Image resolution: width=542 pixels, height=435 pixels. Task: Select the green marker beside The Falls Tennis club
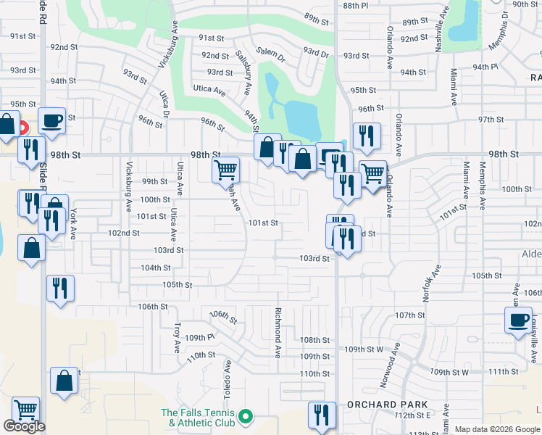coord(246,417)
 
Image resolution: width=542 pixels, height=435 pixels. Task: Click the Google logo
coord(24,426)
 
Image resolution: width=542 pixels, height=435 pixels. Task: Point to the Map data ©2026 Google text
coord(496,429)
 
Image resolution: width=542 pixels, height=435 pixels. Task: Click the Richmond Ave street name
coord(278,333)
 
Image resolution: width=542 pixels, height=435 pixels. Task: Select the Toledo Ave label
coord(228,379)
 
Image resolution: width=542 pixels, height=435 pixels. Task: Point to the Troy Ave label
coord(176,337)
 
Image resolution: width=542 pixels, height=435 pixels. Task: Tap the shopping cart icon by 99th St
coord(225,170)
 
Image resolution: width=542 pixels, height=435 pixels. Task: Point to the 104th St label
coord(156,268)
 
